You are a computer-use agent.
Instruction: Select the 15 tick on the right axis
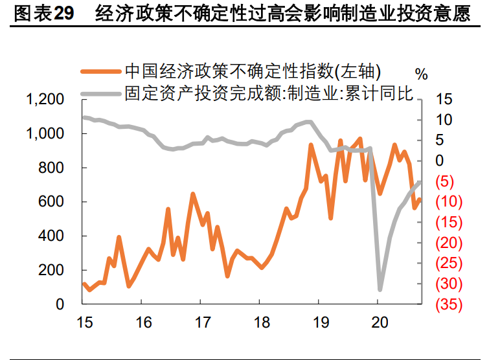pos(442,100)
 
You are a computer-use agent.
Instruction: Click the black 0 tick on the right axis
pos(440,161)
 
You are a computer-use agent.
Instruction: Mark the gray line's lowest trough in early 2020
pos(380,289)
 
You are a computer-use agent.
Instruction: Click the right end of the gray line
pos(420,182)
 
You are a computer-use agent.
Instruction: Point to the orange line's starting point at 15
pos(84,284)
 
